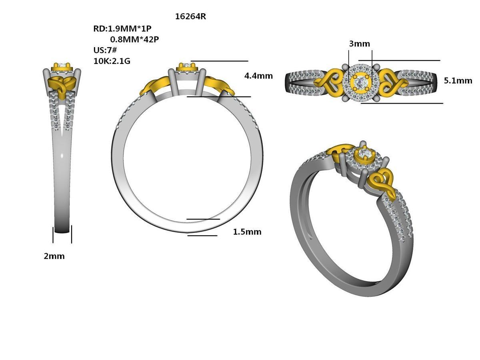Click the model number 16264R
point(190,17)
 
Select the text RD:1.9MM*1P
point(122,28)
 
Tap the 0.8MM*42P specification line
point(135,39)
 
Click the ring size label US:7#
point(105,50)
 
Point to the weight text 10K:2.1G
point(112,61)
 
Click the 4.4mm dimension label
point(258,76)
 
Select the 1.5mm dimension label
point(247,232)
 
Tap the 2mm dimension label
point(54,256)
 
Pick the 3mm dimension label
point(359,44)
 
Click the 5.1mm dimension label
point(458,80)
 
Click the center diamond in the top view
point(360,82)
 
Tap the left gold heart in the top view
point(329,82)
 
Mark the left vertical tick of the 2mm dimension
point(53,235)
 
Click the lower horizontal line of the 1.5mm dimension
point(202,236)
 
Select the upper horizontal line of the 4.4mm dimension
point(220,61)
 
